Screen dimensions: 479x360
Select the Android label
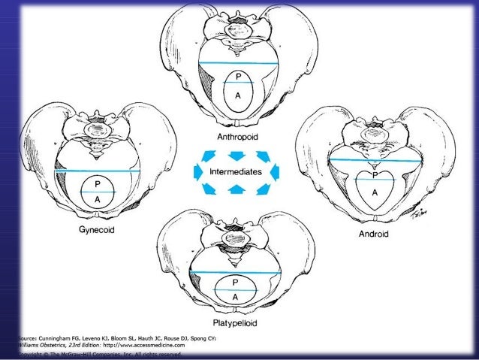click(x=373, y=234)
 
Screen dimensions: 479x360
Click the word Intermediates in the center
click(x=236, y=172)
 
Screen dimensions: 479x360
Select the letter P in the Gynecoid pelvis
click(x=96, y=183)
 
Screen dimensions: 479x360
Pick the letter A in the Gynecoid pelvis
click(x=96, y=198)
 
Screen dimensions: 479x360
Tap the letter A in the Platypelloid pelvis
click(x=235, y=298)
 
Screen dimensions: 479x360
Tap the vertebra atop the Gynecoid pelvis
click(x=98, y=132)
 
